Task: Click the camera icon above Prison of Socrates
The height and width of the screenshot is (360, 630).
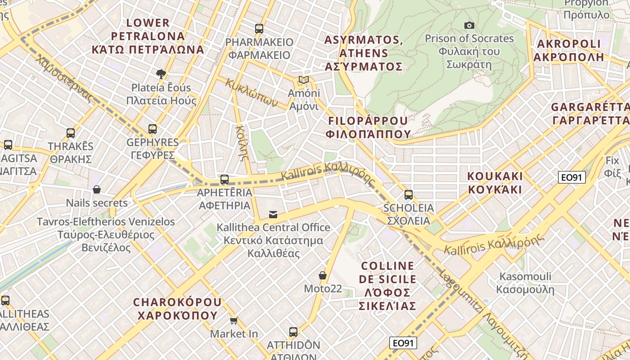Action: pos(469,25)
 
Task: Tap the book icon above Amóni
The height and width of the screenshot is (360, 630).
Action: pos(304,80)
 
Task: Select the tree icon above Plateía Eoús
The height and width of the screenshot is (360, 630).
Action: pos(161,74)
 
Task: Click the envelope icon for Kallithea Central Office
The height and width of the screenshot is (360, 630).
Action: pos(273,214)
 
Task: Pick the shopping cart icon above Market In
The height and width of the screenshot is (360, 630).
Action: pos(234,320)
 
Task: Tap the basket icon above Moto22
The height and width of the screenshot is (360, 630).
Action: pos(322,275)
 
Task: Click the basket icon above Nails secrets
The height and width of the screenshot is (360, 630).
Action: pos(97,189)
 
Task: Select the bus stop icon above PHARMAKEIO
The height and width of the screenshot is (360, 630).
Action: pos(259,29)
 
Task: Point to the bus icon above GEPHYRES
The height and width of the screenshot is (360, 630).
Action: pos(153,129)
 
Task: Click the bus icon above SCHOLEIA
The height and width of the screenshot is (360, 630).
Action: pos(408,194)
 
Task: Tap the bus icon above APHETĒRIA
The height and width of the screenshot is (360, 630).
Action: pos(225,180)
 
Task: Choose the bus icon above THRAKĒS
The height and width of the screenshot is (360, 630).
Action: pos(71,133)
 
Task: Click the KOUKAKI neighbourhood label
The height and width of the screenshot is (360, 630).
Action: pos(495,182)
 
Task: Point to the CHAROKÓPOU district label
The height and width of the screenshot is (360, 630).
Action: pos(177,308)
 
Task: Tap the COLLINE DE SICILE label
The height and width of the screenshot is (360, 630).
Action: pos(387,286)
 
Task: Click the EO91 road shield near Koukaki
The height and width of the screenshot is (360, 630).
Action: pos(571,177)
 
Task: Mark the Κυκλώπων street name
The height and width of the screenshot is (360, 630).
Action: pos(252,92)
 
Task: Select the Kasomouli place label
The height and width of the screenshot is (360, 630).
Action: pos(525,283)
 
